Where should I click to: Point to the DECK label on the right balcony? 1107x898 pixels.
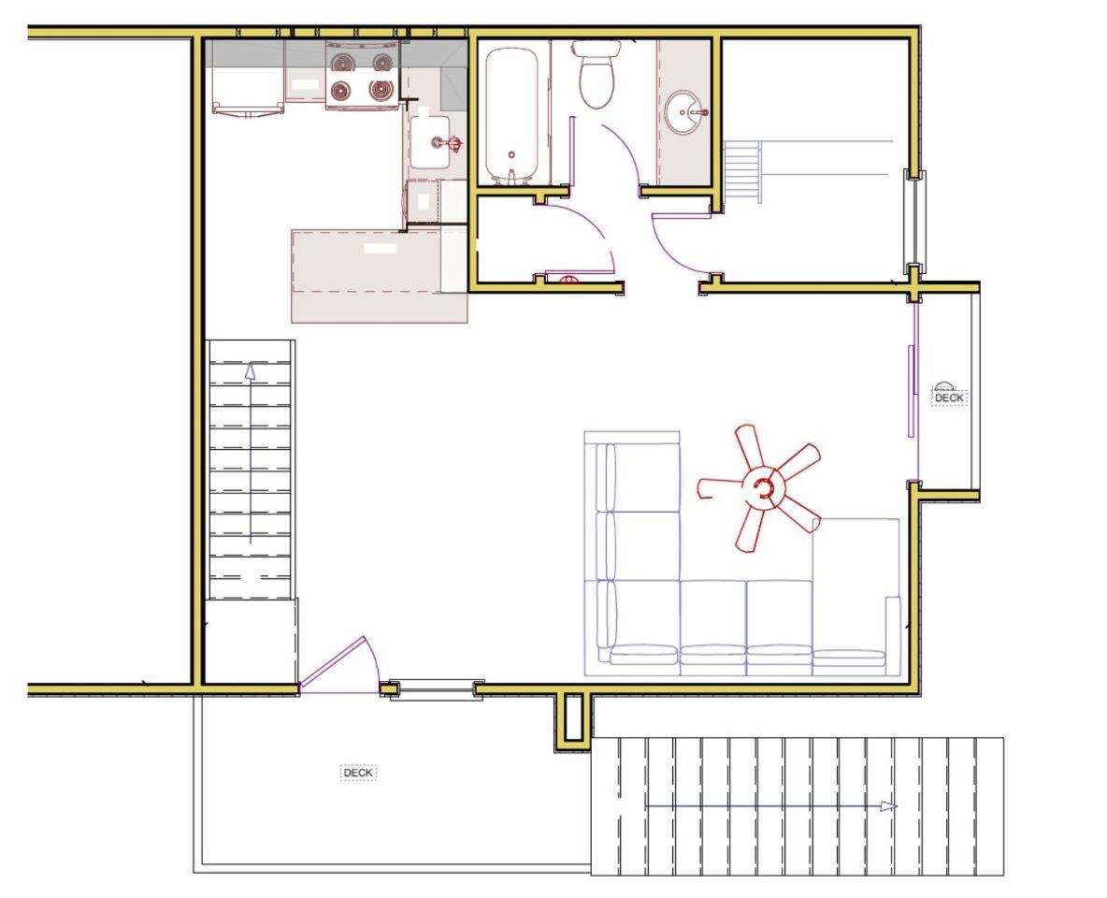click(x=949, y=398)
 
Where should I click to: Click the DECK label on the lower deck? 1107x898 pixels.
click(x=358, y=773)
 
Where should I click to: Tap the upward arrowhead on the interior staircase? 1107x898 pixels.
click(x=251, y=371)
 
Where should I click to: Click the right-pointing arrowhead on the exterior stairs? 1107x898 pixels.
click(x=889, y=806)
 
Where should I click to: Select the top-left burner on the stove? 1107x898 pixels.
click(x=344, y=63)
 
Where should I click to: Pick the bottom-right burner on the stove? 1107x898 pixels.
click(x=381, y=89)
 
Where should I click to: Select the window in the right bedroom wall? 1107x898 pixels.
click(x=915, y=222)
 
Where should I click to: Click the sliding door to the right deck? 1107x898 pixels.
click(x=913, y=391)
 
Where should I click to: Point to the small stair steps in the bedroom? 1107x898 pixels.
click(x=742, y=172)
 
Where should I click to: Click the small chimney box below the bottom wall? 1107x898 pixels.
click(x=572, y=720)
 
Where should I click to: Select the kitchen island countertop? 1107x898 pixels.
click(x=379, y=276)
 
